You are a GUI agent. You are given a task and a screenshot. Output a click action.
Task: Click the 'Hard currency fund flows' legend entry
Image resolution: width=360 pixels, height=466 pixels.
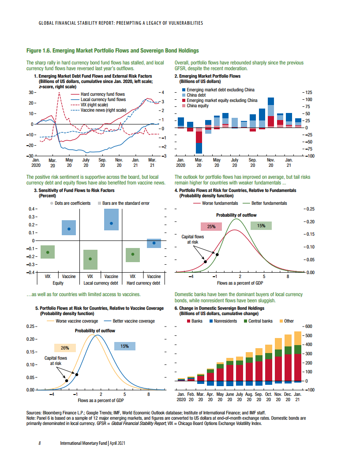(x=103, y=94)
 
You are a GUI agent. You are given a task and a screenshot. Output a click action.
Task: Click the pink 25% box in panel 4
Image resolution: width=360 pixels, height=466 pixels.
(x=211, y=226)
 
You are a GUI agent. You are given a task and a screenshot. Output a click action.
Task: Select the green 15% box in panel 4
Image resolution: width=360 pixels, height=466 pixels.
(x=261, y=225)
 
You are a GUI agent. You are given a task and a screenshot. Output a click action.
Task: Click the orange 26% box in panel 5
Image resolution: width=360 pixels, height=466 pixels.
(x=65, y=348)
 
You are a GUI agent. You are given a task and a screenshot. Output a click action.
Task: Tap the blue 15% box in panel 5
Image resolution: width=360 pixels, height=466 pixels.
(x=124, y=346)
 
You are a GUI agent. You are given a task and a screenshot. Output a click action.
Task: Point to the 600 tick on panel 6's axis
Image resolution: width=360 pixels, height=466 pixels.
(x=309, y=327)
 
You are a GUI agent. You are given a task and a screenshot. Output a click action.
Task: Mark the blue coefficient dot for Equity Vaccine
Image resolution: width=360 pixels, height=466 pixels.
(x=69, y=229)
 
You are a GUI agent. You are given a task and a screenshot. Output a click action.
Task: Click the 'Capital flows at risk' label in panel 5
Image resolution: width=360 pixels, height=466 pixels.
(x=56, y=361)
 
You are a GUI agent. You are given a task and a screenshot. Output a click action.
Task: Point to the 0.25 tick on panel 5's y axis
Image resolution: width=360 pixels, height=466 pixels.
(x=30, y=327)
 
